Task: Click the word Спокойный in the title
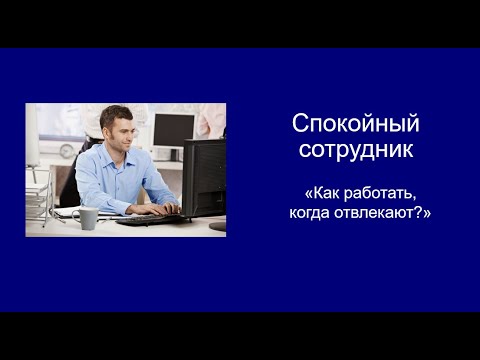click(355, 124)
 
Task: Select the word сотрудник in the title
click(355, 149)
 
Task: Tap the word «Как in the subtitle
click(326, 191)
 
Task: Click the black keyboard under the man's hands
click(145, 218)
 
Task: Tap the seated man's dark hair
click(114, 114)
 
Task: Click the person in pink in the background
click(209, 120)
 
